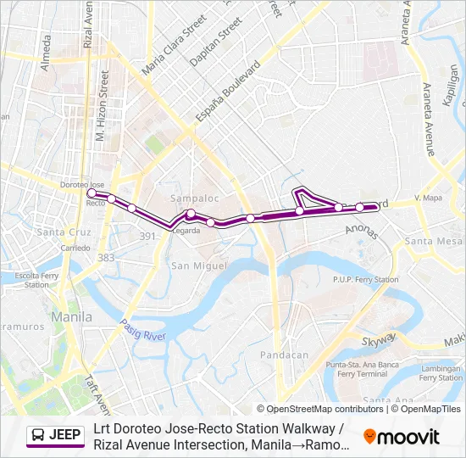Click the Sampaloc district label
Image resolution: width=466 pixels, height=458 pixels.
tap(189, 198)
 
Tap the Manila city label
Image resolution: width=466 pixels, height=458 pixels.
tap(72, 316)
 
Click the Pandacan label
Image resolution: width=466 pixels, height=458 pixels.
tap(284, 355)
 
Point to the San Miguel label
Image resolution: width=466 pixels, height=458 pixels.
tap(199, 265)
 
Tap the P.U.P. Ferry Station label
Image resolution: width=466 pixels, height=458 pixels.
tap(365, 280)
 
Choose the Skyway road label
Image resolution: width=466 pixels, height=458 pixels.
tap(379, 341)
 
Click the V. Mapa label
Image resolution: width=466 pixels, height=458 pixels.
tap(429, 198)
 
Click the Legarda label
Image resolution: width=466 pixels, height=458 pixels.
tap(186, 230)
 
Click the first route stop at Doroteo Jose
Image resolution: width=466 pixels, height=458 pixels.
tap(92, 194)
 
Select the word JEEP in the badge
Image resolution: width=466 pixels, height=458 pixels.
tap(65, 436)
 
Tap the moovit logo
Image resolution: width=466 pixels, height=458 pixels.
tap(402, 437)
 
